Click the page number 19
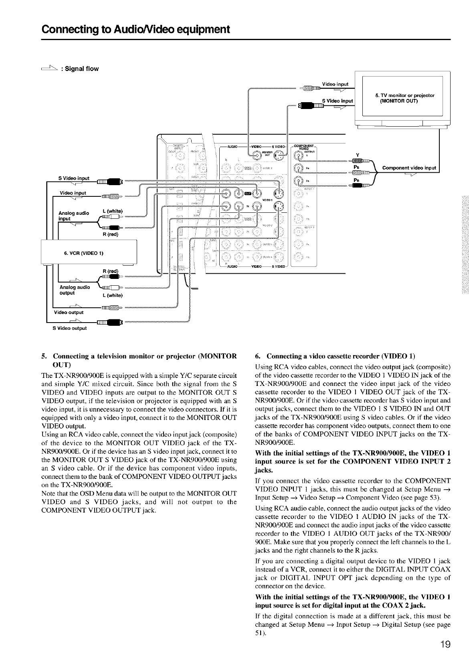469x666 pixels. [444, 645]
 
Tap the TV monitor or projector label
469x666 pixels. [404, 98]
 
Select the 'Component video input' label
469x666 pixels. [409, 168]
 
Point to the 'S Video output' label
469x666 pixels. [69, 328]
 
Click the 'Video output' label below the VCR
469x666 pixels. [69, 313]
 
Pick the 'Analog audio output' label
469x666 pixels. [74, 290]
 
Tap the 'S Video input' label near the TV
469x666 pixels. [337, 101]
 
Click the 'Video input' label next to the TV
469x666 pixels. [335, 84]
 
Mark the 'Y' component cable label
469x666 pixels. [357, 155]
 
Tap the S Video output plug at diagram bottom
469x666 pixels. [109, 322]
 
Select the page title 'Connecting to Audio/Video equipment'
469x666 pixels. [136, 29]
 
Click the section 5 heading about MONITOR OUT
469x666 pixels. [139, 360]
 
